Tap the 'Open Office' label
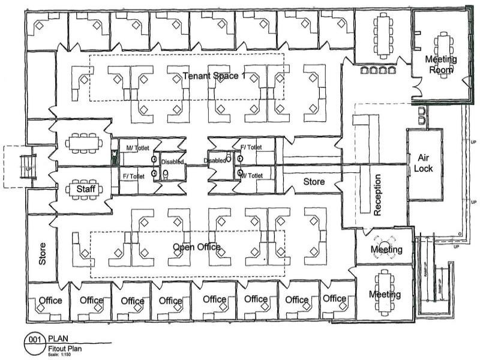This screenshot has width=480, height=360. point(197,247)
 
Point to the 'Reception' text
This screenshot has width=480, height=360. point(378,194)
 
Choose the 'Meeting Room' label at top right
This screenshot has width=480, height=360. point(441,64)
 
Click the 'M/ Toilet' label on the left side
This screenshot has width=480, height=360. point(137,148)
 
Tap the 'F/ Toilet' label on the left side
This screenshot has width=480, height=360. point(134,176)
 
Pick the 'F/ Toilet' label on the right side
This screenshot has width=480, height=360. point(250,147)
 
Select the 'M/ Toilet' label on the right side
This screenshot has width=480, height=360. point(251,175)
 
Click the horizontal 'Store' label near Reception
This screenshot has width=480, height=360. point(313,182)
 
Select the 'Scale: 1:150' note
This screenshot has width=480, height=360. point(59,353)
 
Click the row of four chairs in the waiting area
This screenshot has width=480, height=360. point(374,71)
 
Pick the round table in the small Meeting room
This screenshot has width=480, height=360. point(382,251)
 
